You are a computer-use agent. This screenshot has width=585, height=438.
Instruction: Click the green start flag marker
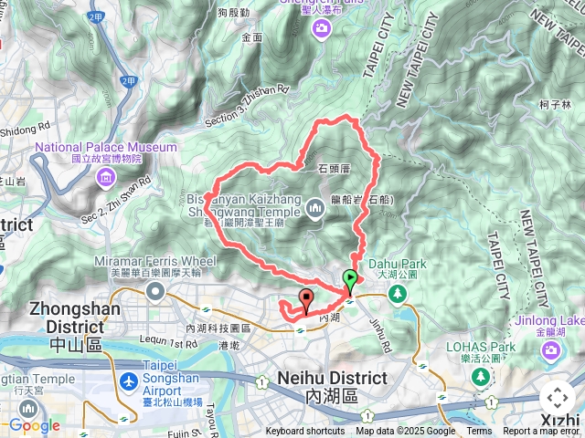350,280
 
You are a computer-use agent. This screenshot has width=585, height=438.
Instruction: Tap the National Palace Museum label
106,147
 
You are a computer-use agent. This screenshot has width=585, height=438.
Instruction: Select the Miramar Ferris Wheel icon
155,293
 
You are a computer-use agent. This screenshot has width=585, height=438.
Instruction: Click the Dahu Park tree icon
398,293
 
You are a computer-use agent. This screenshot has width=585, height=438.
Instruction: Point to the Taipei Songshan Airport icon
130,380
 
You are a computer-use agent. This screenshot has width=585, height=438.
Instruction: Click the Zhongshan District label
66,315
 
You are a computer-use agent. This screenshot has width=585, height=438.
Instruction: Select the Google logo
34,425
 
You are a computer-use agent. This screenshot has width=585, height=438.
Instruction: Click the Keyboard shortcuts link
305,432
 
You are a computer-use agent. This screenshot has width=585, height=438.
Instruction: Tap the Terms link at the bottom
479,432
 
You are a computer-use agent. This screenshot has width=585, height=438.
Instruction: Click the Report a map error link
541,432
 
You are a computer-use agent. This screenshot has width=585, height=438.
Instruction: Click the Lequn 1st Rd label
164,343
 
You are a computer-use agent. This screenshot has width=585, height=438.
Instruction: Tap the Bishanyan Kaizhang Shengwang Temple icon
317,209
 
